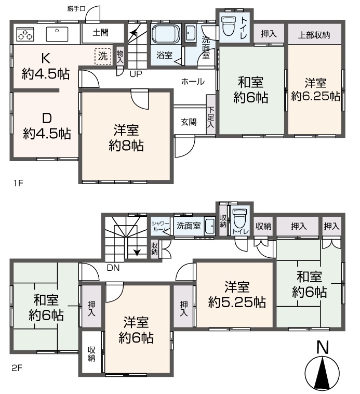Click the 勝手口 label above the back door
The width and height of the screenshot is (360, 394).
coord(76,9)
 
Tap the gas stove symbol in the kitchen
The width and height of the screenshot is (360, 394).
coord(25,34)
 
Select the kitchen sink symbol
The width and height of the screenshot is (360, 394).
coord(57,34)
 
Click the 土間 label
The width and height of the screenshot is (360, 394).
coord(100,32)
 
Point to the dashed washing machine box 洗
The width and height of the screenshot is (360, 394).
coord(103,56)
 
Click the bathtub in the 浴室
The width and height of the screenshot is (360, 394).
coord(166,34)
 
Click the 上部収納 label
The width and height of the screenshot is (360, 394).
coord(314,35)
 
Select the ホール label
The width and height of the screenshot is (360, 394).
coord(193,82)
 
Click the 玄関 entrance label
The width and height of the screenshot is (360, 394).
coord(189,122)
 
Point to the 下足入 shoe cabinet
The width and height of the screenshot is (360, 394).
coord(210,114)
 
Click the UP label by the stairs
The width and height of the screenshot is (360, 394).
coord(136,74)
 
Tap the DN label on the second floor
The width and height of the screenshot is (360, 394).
coord(113,268)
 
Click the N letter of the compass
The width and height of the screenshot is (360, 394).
coord(323,348)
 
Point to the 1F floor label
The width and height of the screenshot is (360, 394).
coord(18,183)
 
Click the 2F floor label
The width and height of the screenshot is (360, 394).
coord(17,369)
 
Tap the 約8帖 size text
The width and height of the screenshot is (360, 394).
coord(126,146)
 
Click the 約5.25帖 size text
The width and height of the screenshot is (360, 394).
coord(237,303)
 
